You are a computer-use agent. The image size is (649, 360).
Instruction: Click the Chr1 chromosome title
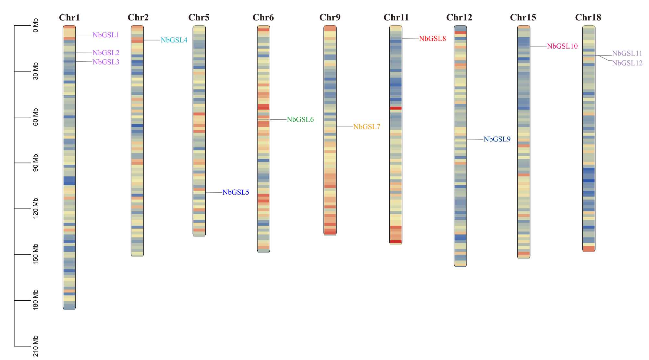tap(69, 18)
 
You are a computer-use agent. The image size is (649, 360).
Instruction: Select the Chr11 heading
tap(396, 18)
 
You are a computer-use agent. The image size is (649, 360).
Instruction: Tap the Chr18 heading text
tap(588, 18)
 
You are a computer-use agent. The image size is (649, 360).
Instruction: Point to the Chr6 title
tap(263, 18)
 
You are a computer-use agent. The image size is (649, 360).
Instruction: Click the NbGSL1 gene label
tap(106, 35)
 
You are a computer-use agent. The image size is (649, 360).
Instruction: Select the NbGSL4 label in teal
tap(174, 40)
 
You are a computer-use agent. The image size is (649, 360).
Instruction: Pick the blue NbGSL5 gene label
tap(236, 192)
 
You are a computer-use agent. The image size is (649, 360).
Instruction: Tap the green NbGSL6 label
tap(300, 120)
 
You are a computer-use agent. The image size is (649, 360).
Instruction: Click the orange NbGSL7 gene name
tap(366, 127)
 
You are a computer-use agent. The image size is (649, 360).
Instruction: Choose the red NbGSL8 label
tap(432, 39)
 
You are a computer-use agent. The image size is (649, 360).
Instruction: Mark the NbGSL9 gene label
tap(497, 139)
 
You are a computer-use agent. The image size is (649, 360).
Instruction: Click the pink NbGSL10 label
tap(562, 46)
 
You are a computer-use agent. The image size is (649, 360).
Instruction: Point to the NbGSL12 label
tap(627, 63)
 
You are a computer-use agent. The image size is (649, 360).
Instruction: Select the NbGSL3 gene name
tap(106, 62)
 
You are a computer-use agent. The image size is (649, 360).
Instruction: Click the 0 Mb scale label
tap(35, 25)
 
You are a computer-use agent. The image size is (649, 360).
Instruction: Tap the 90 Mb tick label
tap(35, 163)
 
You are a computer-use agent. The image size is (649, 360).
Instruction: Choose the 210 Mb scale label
tap(35, 346)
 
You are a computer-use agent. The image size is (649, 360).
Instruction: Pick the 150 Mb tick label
tap(35, 254)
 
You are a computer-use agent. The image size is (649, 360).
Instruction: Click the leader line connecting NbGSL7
tap(345, 127)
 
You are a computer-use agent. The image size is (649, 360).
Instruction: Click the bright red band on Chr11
tap(396, 108)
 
